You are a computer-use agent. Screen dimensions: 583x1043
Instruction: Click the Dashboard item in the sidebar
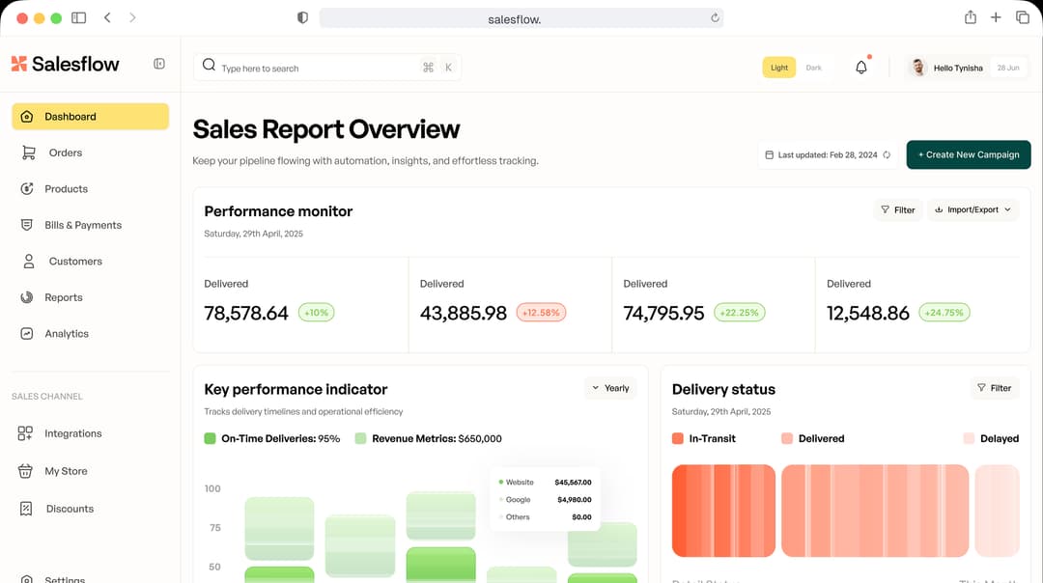(x=90, y=117)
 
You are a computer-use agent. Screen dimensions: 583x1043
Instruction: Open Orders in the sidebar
(x=65, y=153)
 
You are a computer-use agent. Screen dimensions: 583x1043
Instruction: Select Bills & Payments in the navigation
(x=82, y=225)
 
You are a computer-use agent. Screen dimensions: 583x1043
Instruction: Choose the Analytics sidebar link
(x=66, y=334)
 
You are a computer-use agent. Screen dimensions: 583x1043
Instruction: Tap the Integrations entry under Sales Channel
(x=72, y=433)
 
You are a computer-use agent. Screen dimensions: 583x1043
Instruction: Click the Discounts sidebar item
(x=70, y=509)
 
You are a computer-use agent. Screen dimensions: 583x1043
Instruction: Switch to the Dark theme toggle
(x=814, y=68)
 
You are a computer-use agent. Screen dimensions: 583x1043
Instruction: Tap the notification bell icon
(x=861, y=68)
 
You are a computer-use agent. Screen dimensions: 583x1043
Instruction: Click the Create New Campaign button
(x=968, y=154)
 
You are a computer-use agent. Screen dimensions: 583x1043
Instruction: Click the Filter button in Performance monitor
(x=897, y=209)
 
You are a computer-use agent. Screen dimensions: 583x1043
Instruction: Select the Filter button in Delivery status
(x=994, y=388)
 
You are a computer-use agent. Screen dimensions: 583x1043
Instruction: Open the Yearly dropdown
(x=610, y=388)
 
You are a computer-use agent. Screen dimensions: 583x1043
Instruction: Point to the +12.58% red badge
(x=541, y=313)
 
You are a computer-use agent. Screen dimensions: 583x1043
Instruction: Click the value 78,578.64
(x=246, y=313)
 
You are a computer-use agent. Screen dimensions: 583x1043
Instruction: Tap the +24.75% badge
(x=944, y=313)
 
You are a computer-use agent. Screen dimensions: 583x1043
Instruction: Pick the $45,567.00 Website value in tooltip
(x=573, y=482)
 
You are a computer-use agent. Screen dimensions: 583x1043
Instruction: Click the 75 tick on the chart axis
(x=213, y=528)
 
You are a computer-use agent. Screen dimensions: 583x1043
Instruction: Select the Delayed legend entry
(x=999, y=438)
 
